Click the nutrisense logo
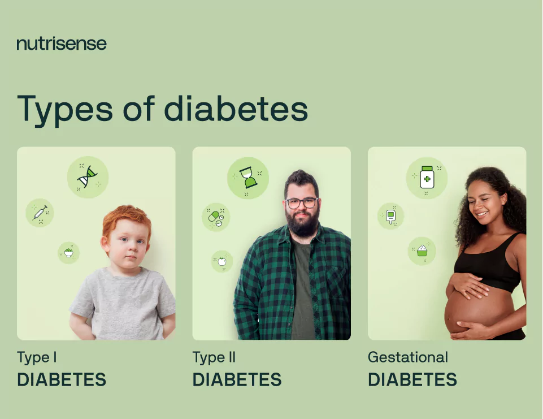(x=61, y=44)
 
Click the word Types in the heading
(x=65, y=109)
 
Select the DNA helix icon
(x=88, y=176)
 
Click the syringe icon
(x=40, y=213)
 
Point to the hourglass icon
(x=247, y=178)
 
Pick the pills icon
(x=216, y=217)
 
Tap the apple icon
(x=222, y=261)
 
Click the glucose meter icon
(x=390, y=216)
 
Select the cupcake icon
(x=422, y=250)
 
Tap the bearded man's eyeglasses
(x=301, y=202)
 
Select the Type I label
(x=37, y=357)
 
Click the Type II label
(x=214, y=357)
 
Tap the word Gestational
(x=407, y=357)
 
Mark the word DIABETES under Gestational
(x=412, y=379)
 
